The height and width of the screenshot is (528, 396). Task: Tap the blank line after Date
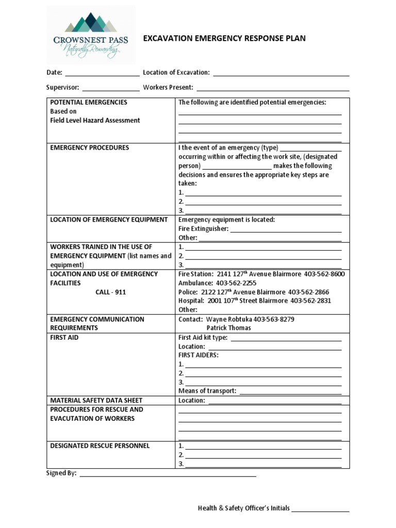click(102, 74)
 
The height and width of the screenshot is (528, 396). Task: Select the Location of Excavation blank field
click(281, 74)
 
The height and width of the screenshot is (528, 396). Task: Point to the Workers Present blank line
click(272, 88)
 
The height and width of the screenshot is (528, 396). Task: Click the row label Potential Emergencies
click(89, 103)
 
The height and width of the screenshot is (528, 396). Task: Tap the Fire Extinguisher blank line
click(286, 229)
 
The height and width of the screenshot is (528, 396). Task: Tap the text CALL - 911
click(110, 292)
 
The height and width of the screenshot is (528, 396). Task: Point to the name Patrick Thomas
click(228, 328)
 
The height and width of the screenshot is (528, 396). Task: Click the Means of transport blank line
click(291, 391)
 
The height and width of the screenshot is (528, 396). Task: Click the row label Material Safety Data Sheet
click(96, 400)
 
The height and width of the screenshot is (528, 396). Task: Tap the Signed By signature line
click(168, 473)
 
